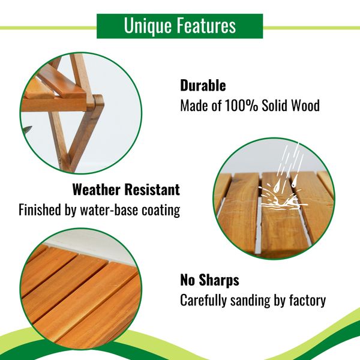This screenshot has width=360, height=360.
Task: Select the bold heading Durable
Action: tap(203, 85)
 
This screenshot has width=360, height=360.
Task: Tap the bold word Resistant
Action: tap(154, 190)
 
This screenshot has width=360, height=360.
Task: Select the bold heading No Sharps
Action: tap(209, 280)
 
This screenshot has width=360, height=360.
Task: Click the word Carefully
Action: tap(205, 301)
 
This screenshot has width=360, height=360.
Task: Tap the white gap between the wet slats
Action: tap(257, 228)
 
